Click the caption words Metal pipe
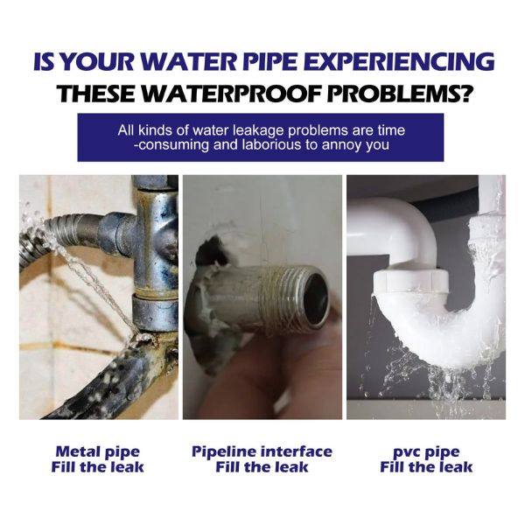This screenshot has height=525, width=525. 97,452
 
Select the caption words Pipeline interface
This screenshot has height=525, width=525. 262,451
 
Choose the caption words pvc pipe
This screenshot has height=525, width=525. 426,453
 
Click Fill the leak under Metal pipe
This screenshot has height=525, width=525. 97,467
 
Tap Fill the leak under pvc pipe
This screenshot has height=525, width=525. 426,467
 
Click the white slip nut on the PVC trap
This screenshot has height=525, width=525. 411,281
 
